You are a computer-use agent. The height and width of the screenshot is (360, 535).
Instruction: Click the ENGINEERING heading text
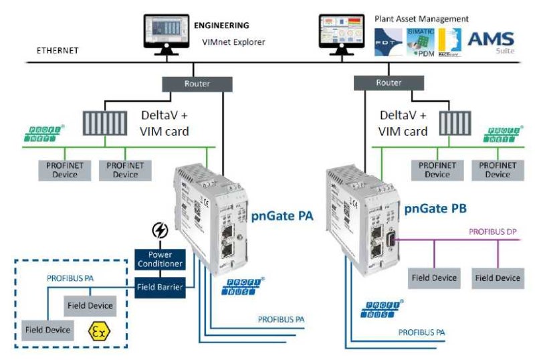(x=221, y=25)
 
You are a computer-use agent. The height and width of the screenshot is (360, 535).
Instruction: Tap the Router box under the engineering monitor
(x=197, y=84)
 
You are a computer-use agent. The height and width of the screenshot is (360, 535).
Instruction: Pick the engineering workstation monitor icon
(x=163, y=33)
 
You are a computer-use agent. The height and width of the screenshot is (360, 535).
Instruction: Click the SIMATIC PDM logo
(x=421, y=41)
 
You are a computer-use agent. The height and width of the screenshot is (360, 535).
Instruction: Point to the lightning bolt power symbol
(x=160, y=231)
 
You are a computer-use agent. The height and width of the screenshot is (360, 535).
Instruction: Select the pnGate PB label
(x=435, y=207)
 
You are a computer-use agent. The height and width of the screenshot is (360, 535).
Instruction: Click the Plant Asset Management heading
(x=421, y=19)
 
